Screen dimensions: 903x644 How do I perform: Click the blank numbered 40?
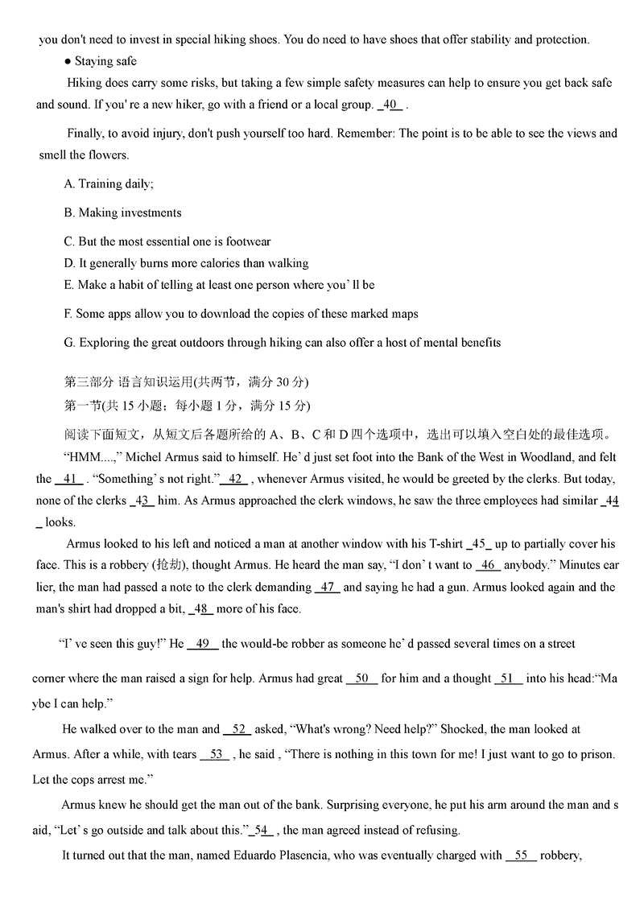[x=392, y=105]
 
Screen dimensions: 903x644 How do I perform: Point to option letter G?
[x=69, y=343]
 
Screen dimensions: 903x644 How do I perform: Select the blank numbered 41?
[x=70, y=479]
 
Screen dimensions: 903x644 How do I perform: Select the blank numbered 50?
[x=362, y=678]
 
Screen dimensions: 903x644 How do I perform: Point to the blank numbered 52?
[x=237, y=729]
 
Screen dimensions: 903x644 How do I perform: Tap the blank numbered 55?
[x=521, y=856]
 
